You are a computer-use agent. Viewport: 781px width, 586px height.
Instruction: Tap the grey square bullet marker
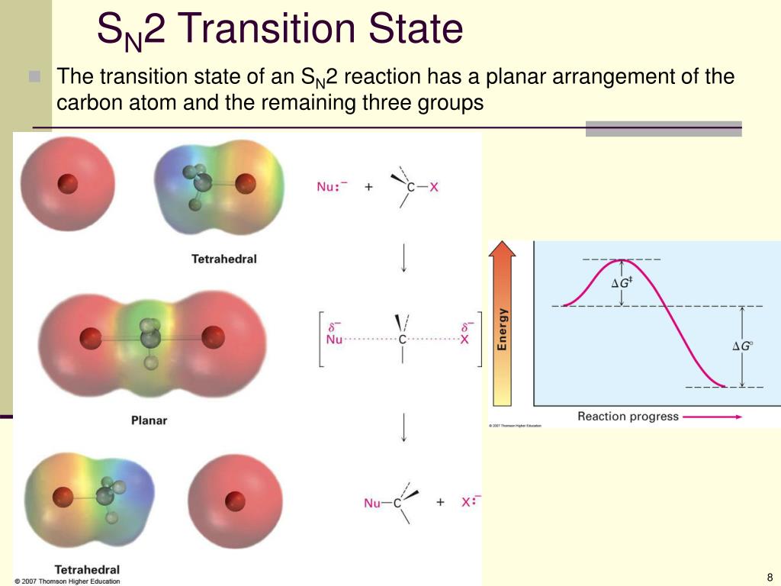(x=34, y=76)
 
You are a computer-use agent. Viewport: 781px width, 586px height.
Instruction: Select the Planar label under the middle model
(x=149, y=420)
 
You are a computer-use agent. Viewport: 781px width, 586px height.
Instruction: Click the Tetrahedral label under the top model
(x=224, y=259)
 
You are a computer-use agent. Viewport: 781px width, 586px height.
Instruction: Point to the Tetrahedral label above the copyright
(x=87, y=569)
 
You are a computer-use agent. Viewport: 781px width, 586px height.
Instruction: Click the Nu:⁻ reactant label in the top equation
(x=332, y=186)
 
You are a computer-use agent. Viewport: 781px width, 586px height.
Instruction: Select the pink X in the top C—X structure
(x=434, y=188)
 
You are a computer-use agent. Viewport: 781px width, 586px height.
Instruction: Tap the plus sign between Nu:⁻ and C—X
(x=368, y=187)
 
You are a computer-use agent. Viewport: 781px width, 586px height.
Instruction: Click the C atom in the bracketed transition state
(x=403, y=340)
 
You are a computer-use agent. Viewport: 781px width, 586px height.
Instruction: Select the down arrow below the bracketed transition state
(x=403, y=427)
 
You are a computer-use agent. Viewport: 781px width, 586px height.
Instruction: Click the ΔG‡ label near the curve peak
(x=622, y=283)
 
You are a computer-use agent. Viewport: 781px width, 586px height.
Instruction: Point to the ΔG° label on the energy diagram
(x=742, y=346)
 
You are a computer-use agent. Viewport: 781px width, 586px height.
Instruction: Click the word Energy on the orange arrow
(x=502, y=329)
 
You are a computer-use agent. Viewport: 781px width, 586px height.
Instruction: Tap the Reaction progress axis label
(x=628, y=417)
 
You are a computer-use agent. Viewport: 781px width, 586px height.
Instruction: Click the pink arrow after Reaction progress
(x=712, y=417)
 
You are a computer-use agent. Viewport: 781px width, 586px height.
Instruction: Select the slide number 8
(x=770, y=578)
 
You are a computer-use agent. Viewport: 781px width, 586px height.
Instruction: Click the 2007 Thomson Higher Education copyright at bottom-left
(x=67, y=581)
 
